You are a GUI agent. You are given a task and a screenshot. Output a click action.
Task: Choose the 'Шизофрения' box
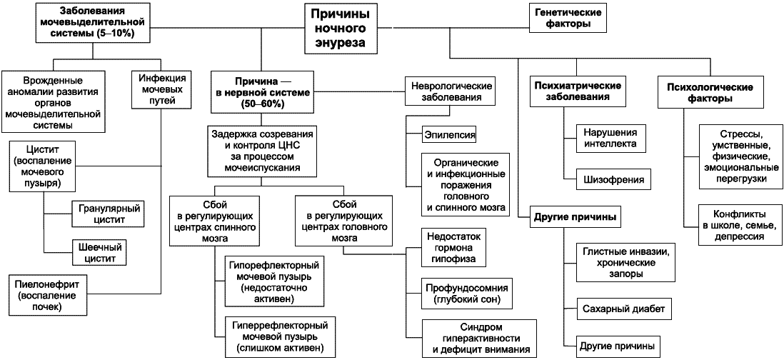pos(614,180)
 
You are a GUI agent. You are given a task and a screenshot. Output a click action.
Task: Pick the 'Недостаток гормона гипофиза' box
pos(451,246)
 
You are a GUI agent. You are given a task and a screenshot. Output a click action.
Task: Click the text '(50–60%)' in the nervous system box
pos(261,104)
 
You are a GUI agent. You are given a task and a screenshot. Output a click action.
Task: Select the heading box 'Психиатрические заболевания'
pos(578,91)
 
